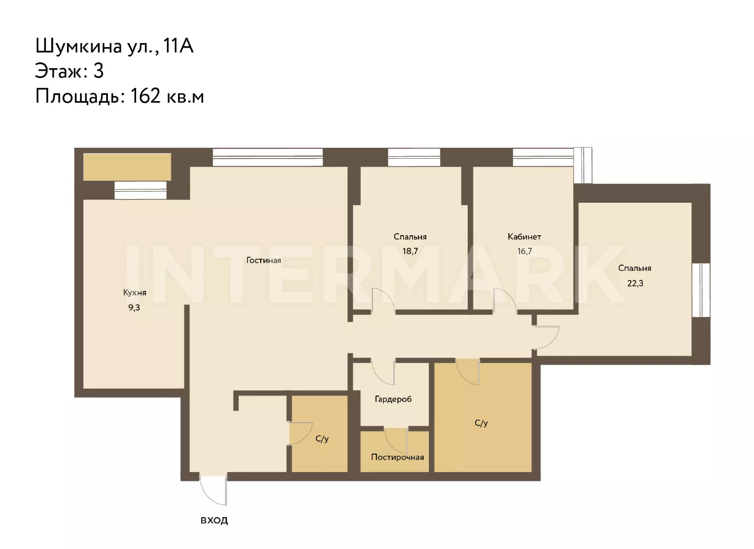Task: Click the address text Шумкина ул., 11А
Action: point(115,46)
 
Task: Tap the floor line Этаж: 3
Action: point(69,71)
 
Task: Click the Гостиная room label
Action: point(263,260)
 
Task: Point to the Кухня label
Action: point(135,292)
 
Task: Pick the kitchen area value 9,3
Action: point(134,308)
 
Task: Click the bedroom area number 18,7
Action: point(410,251)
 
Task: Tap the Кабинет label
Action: point(524,236)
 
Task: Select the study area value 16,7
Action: point(525,251)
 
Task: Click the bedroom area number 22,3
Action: point(635,283)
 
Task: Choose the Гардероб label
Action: point(393,399)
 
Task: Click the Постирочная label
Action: point(397,457)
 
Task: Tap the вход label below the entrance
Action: point(214,520)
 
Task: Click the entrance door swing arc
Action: point(209,495)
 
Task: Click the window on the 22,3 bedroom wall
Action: point(701,290)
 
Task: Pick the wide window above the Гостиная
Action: point(268,157)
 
